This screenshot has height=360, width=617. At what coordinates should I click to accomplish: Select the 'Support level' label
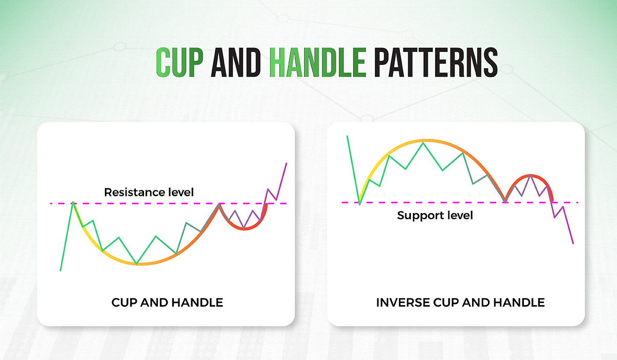435,215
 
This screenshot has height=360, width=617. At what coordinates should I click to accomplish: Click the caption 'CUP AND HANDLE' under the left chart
167,302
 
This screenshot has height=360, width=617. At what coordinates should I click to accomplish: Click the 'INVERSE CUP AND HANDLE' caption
460,302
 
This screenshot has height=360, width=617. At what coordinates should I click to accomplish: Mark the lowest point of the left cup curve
137,264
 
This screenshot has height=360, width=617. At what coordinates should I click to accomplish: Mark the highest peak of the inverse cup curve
424,141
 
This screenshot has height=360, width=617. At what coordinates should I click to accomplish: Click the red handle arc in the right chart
530,176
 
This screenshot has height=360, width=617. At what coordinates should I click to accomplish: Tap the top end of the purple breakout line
286,163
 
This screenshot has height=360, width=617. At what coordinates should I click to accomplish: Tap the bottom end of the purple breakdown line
573,243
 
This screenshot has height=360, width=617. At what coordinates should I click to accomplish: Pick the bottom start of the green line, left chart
61,271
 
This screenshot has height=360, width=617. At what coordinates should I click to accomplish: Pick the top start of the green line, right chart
348,136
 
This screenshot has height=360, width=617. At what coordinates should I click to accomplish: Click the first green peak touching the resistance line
73,203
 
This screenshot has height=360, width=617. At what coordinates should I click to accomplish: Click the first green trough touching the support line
359,204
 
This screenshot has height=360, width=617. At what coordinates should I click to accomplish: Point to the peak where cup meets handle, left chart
220,204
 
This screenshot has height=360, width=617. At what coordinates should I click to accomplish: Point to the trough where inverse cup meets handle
505,202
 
